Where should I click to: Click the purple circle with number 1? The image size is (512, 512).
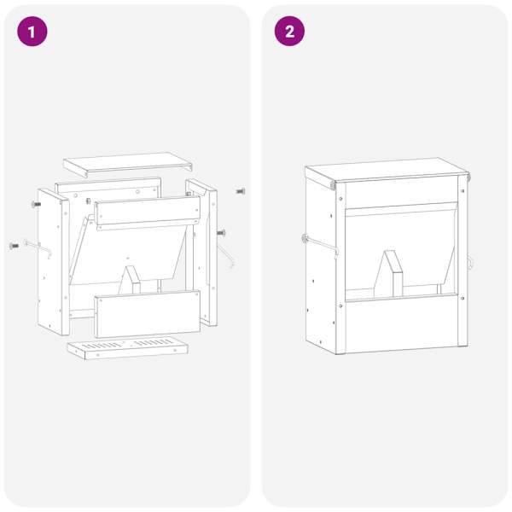(x=32, y=32)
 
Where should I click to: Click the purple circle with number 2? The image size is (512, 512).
(x=289, y=32)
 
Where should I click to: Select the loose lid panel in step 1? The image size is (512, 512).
(x=127, y=164)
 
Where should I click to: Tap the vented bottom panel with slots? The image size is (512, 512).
(x=128, y=347)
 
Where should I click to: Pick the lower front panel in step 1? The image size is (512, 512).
(x=148, y=314)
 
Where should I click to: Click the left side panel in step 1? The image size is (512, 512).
(x=54, y=262)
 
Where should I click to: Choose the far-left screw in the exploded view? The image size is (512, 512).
(x=14, y=246)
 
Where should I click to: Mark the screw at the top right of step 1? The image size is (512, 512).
(x=241, y=191)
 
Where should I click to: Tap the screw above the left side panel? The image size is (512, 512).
(x=36, y=205)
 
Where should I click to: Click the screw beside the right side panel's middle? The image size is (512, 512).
(x=221, y=233)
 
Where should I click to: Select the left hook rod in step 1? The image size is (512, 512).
(x=38, y=247)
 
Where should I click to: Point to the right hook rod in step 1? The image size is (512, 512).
(x=226, y=256)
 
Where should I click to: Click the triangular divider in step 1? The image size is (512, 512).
(x=131, y=280)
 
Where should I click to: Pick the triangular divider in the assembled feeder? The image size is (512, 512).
(x=388, y=274)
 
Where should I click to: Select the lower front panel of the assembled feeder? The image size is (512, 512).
(x=402, y=323)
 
